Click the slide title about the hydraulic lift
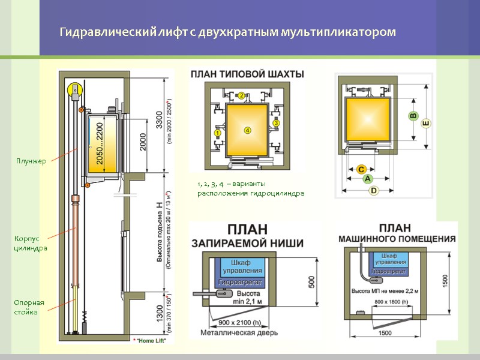pos(227,31)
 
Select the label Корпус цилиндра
pos(31,244)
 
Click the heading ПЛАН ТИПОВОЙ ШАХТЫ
pos(247,74)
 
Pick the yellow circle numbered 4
pos(247,130)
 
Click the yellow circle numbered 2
pos(241,95)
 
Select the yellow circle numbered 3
pos(276,123)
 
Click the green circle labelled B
pos(413,116)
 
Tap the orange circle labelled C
pos(362,170)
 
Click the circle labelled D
pos(374,191)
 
